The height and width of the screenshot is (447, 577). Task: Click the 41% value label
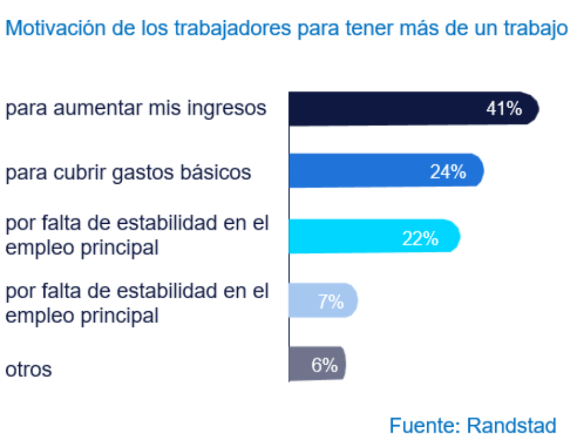click(504, 109)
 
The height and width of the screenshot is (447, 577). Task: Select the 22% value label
click(420, 238)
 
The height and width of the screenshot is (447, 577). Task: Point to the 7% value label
click(330, 302)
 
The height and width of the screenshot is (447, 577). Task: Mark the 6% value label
click(324, 366)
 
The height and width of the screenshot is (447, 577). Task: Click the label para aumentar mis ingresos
click(136, 108)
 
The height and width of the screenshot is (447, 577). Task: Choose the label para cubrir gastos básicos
click(128, 172)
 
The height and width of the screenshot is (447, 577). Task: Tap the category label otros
click(29, 370)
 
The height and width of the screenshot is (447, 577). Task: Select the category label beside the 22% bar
click(137, 236)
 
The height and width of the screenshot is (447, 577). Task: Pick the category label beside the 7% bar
click(137, 303)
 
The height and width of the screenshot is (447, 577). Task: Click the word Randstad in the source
click(512, 425)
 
